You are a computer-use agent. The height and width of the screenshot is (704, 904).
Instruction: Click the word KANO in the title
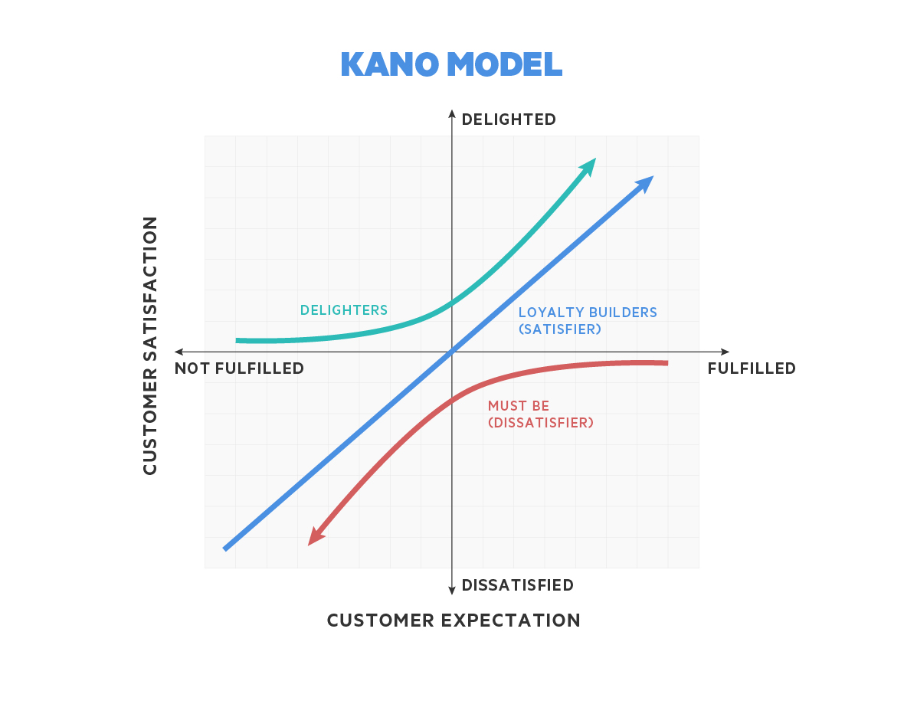390,64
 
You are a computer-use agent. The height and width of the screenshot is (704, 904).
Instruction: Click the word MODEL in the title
504,64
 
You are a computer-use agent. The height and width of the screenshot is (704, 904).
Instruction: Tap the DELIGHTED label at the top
509,120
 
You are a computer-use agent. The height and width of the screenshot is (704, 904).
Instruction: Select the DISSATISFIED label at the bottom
517,585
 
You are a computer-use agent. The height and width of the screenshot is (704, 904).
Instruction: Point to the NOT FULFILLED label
239,368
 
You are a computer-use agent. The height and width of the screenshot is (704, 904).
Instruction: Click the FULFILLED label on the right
752,368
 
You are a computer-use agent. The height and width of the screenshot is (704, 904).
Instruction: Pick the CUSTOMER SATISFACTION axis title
150,345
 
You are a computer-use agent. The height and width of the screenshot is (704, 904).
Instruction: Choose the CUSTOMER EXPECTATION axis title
454,621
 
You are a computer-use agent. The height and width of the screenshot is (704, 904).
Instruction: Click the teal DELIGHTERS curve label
344,310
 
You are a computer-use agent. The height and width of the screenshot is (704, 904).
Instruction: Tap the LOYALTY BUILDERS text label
588,313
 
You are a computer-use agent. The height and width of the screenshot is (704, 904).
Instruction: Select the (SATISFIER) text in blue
560,329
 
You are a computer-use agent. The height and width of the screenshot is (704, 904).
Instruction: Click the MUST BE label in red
519,406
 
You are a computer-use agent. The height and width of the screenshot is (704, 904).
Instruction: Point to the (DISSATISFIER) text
541,423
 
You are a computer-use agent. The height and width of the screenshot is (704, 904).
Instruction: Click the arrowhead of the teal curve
588,166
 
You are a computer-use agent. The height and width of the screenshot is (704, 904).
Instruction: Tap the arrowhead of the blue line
645,184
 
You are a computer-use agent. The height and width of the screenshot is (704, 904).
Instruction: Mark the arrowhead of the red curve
316,537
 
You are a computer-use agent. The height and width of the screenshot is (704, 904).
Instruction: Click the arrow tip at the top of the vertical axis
452,110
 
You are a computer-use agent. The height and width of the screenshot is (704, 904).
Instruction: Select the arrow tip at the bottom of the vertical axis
452,594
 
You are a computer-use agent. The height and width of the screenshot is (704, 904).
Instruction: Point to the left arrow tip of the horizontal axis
175,352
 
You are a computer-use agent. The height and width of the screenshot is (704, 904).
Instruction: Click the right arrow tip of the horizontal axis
729,352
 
